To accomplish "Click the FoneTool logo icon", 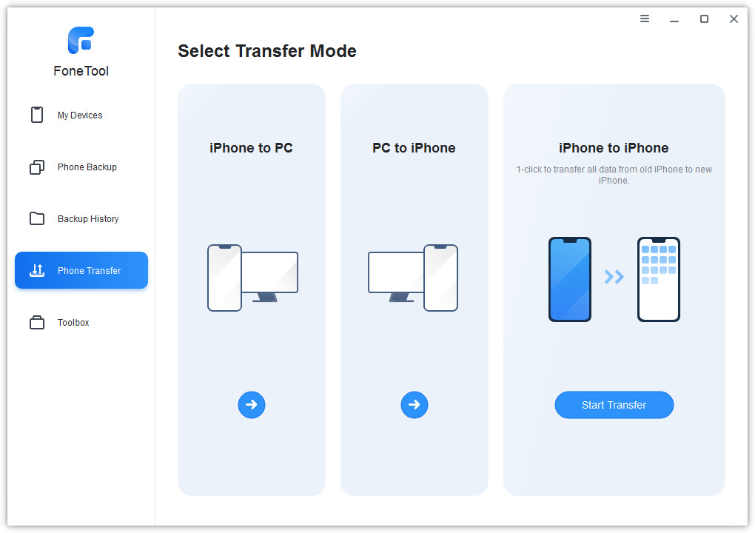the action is click(81, 40).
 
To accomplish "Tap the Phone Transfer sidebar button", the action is click(81, 270).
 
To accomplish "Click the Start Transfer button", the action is click(614, 404).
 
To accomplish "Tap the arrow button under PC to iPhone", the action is click(414, 404).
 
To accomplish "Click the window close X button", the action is click(734, 19).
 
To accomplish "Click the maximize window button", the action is click(704, 19).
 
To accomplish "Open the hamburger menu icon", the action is click(644, 19).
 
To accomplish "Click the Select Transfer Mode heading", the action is click(267, 51).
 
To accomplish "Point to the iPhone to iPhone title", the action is click(614, 148).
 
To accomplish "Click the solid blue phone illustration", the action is click(570, 279).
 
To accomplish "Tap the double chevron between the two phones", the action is click(614, 277).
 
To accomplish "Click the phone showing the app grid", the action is click(658, 279).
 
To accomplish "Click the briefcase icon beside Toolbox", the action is click(37, 322).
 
